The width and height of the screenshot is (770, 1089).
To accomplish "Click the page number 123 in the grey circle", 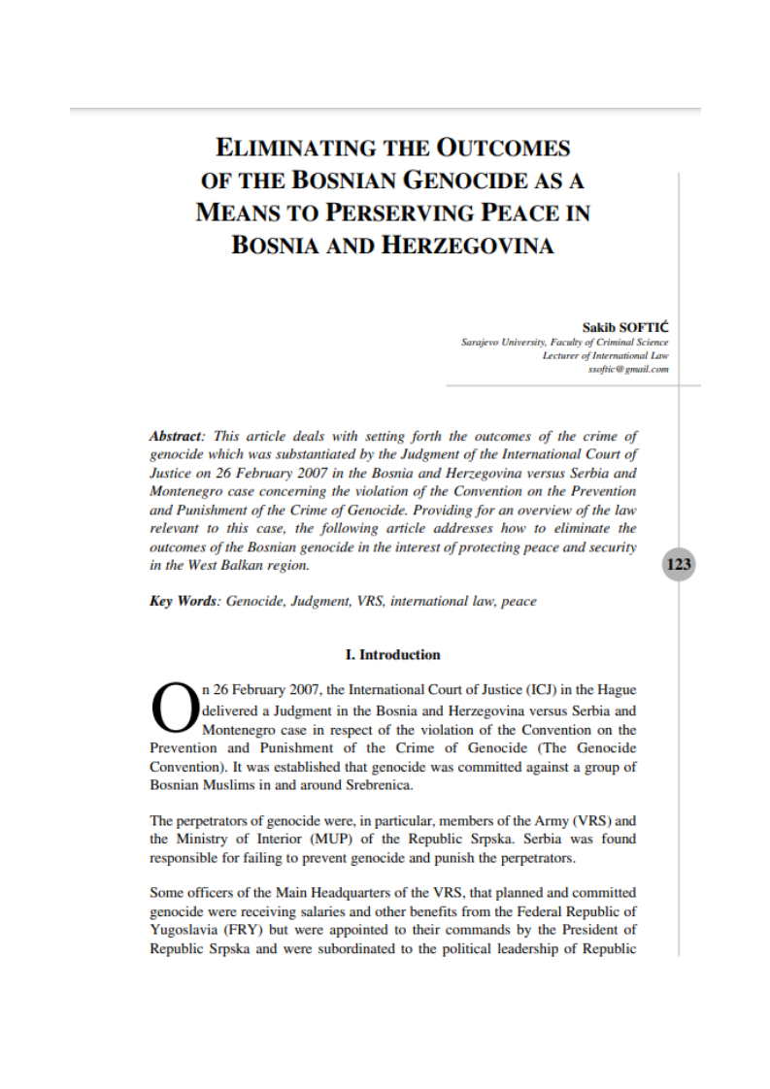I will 679,564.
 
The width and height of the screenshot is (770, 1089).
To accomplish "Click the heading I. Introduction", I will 392,654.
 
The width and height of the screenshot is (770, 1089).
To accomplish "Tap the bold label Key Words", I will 184,601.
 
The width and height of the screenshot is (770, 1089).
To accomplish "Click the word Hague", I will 616,690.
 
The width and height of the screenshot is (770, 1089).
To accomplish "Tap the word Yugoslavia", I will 184,931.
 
